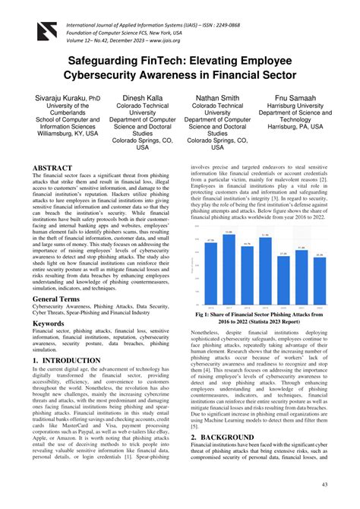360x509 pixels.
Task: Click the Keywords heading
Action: pos(48,324)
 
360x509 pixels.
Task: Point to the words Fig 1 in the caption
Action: pos(204,313)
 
